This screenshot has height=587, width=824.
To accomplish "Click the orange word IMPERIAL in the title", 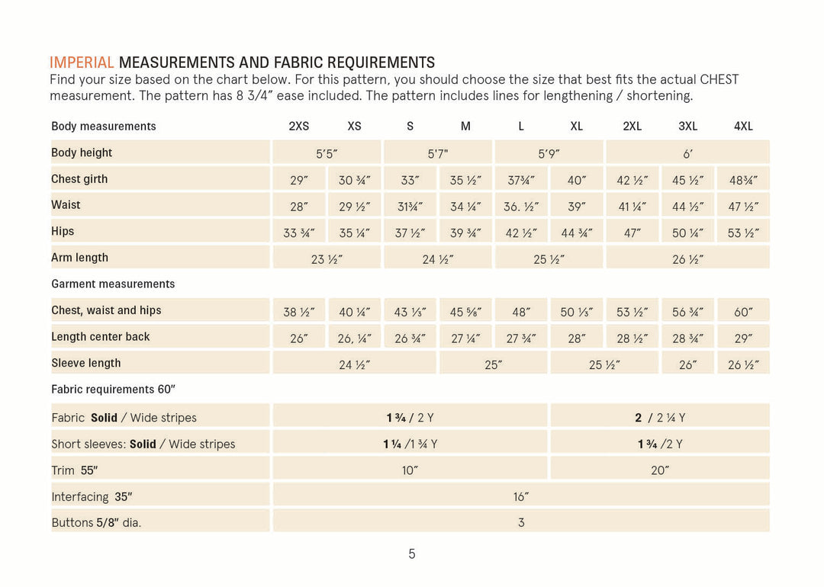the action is tap(82, 63).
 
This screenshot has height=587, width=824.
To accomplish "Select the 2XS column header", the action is tap(298, 127).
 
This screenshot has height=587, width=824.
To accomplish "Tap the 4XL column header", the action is tap(743, 127).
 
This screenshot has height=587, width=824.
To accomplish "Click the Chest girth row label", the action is tap(79, 179).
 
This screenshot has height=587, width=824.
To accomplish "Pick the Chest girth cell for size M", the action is tap(465, 180).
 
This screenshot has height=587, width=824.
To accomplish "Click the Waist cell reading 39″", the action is tap(577, 207).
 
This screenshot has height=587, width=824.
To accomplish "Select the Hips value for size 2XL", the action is tap(632, 233).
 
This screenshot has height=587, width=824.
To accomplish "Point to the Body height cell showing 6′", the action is tap(687, 154).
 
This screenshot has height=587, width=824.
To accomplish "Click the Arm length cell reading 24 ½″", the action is tap(438, 259).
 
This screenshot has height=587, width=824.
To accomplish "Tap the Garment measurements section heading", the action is tap(113, 284).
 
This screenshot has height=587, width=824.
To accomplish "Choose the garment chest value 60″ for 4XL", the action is tap(743, 312).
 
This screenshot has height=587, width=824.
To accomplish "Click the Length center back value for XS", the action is tap(354, 338).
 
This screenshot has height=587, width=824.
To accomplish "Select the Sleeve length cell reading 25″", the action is tap(493, 364).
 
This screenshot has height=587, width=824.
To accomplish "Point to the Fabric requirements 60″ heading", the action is tap(113, 389).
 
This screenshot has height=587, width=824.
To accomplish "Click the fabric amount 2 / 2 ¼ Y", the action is tap(659, 418).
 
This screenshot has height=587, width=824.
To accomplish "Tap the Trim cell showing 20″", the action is tap(659, 470).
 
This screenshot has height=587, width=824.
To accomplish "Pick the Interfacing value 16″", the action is tap(521, 496).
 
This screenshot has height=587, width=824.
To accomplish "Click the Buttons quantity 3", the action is tap(521, 522).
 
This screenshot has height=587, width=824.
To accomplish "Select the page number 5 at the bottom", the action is tap(412, 554).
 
